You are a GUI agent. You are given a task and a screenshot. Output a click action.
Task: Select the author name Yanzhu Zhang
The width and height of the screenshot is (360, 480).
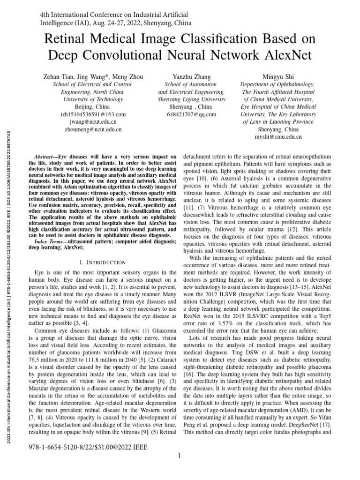(x=192, y=77)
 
